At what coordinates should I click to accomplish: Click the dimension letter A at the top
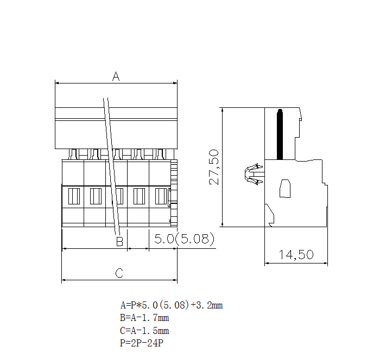pyautogui.click(x=116, y=76)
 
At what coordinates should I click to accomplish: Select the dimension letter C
pyautogui.click(x=119, y=273)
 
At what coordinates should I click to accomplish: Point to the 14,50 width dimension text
pyautogui.click(x=296, y=254)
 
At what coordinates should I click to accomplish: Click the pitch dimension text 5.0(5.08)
pyautogui.click(x=184, y=239)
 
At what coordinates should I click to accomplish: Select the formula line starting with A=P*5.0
pyautogui.click(x=171, y=305)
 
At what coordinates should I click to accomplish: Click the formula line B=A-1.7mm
pyautogui.click(x=144, y=318)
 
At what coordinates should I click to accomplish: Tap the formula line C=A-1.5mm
pyautogui.click(x=144, y=330)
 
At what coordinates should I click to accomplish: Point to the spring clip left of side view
pyautogui.click(x=251, y=175)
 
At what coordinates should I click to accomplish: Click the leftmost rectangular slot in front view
pyautogui.click(x=74, y=195)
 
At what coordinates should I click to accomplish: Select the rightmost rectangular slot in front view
pyautogui.click(x=161, y=195)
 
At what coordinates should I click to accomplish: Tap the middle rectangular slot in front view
pyautogui.click(x=117, y=195)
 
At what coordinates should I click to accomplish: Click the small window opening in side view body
pyautogui.click(x=285, y=188)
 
